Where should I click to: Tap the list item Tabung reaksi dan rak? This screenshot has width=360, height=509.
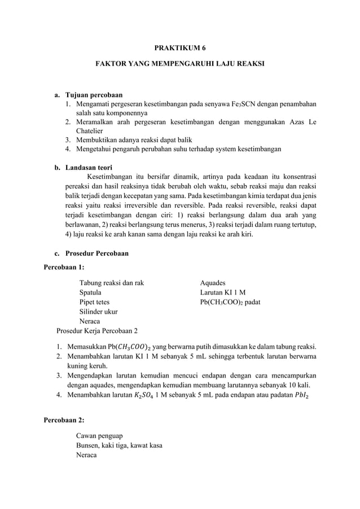point(111,282)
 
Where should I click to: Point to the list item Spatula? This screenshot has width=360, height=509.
point(90,292)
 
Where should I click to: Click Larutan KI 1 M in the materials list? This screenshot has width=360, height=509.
point(223,292)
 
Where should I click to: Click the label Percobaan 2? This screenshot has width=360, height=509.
point(64,420)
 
